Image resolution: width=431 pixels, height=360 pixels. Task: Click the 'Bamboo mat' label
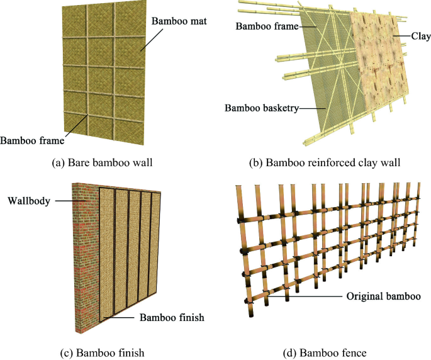click(179, 22)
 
